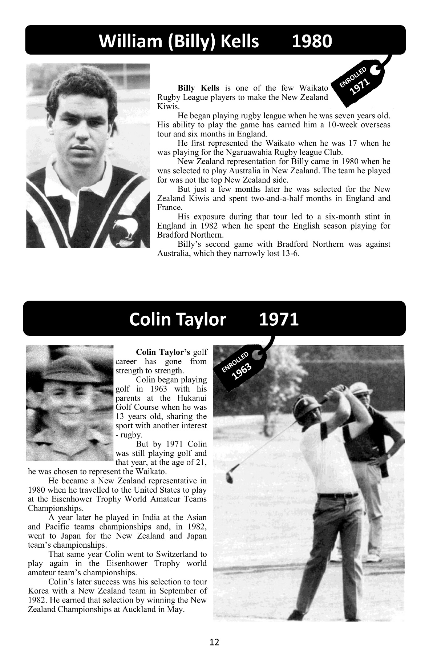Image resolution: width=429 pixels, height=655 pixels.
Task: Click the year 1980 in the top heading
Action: (312, 41)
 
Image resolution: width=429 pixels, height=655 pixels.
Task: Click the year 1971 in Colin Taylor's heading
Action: (279, 319)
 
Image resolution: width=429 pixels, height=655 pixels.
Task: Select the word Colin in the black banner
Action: (150, 319)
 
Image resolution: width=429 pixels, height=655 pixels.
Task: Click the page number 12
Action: (214, 642)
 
